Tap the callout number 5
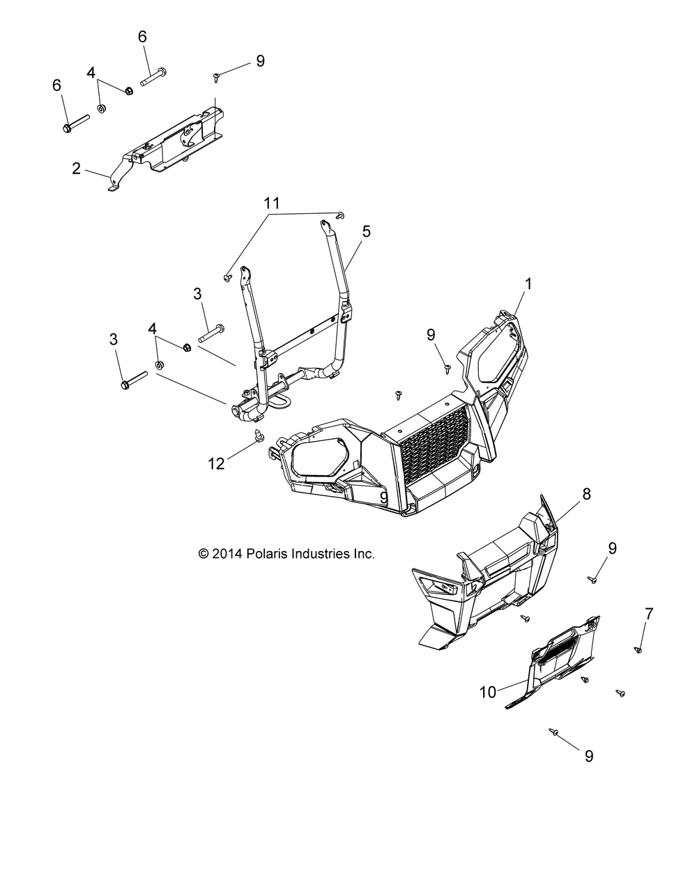[366, 231]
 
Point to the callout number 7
[649, 614]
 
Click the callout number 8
[586, 494]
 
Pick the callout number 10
[507, 692]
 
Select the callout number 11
[272, 203]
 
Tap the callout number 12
[217, 463]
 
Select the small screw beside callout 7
[638, 649]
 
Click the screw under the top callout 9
[216, 75]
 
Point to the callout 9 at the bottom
[589, 756]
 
